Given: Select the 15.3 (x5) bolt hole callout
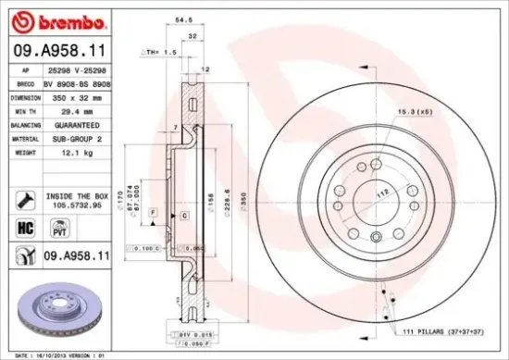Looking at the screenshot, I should (414, 112).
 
